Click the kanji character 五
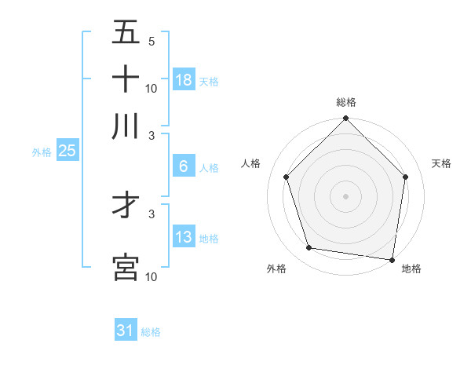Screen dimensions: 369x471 pyautogui.click(x=126, y=34)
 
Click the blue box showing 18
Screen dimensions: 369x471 pyautogui.click(x=184, y=79)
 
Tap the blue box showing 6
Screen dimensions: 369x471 pyautogui.click(x=184, y=166)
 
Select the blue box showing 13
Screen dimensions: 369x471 pyautogui.click(x=184, y=237)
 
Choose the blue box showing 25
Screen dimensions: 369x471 pyautogui.click(x=67, y=152)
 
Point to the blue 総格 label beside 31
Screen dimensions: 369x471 pyautogui.click(x=151, y=332)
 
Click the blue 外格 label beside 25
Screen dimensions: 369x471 pyautogui.click(x=41, y=152)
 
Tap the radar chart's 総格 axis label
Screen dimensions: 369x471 pyautogui.click(x=346, y=102)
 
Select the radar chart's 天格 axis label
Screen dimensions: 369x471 pyautogui.click(x=441, y=163)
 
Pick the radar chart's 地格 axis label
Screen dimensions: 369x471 pyautogui.click(x=411, y=269)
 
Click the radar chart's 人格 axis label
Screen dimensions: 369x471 pyautogui.click(x=251, y=163)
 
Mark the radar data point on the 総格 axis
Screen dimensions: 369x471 pyautogui.click(x=345, y=119)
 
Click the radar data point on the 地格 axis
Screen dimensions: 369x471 pyautogui.click(x=392, y=259)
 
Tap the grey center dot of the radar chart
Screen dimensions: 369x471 pyautogui.click(x=345, y=195)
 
